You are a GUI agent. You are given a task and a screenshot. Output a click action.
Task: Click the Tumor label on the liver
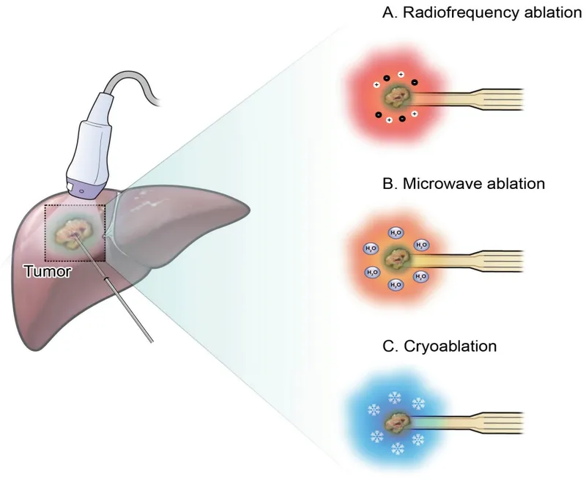click(x=48, y=272)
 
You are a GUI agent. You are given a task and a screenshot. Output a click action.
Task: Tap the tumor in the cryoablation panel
click(x=398, y=422)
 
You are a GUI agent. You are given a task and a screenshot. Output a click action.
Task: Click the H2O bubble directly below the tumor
click(x=396, y=284)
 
